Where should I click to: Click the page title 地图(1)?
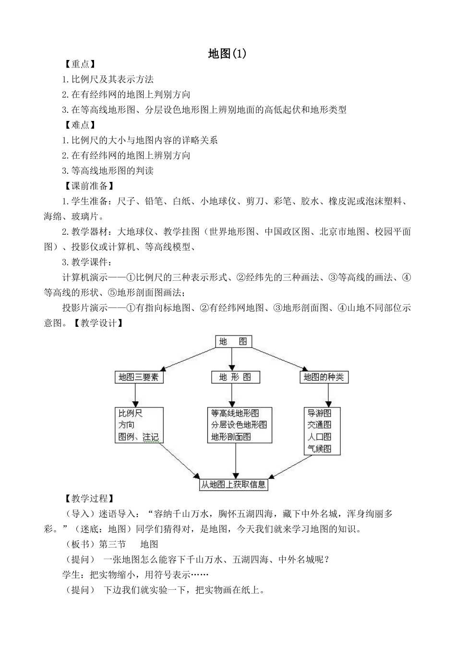228,54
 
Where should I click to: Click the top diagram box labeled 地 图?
233,341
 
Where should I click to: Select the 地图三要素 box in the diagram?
139,377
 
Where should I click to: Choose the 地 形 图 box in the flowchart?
235,377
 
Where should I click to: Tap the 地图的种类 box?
324,377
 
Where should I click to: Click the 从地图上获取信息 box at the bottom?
233,484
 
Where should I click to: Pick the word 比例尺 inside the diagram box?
131,413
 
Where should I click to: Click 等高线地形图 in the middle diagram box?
235,413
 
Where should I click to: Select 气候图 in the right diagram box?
319,449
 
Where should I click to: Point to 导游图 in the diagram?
319,413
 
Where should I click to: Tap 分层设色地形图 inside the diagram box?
239,425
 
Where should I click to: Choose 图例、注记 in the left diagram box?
138,437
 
